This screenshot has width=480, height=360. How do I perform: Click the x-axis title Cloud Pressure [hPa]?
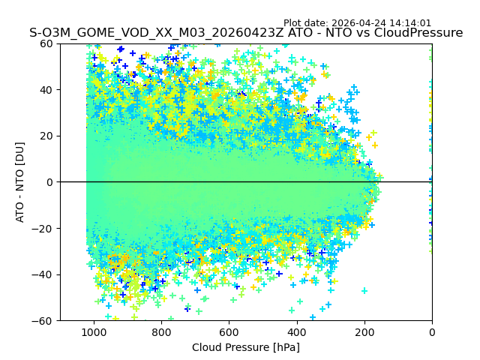tap(246, 347)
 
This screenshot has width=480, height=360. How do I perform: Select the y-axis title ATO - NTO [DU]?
tap(20, 182)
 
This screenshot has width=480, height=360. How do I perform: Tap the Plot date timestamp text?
tap(357, 23)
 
